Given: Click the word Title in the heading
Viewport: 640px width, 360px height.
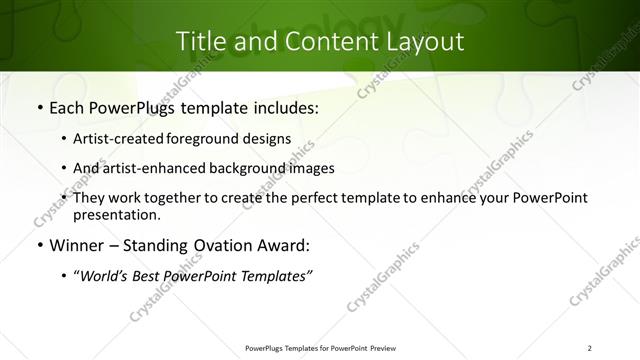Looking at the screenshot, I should coord(200,42).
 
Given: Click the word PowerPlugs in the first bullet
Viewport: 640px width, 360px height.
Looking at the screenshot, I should coord(136,108).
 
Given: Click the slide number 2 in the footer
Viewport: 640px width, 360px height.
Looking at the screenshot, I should coord(589,347).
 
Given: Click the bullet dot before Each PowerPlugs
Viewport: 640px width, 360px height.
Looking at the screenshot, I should coord(38,108).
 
